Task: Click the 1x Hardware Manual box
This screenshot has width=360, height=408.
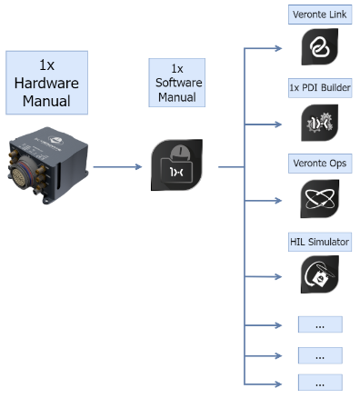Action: pyautogui.click(x=47, y=82)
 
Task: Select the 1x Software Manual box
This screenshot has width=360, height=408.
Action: pyautogui.click(x=176, y=83)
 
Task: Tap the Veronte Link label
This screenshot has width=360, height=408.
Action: pyautogui.click(x=320, y=15)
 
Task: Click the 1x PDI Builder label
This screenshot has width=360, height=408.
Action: pyautogui.click(x=320, y=88)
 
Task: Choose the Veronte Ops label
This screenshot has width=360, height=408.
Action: pyautogui.click(x=320, y=163)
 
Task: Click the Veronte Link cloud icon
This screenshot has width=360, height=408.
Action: pyautogui.click(x=320, y=47)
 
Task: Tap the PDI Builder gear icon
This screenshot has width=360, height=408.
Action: pyautogui.click(x=320, y=124)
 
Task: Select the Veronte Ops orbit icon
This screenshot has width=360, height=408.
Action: pyautogui.click(x=320, y=198)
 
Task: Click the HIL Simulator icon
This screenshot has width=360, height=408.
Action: pyautogui.click(x=320, y=274)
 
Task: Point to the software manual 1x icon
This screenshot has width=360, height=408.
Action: pyautogui.click(x=176, y=165)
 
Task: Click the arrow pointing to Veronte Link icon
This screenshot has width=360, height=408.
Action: pyautogui.click(x=268, y=47)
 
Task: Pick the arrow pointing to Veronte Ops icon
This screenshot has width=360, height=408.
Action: pyautogui.click(x=268, y=199)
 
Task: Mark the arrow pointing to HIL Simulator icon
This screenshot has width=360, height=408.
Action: pyautogui.click(x=268, y=274)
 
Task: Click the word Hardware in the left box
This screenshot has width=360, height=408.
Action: pyautogui.click(x=47, y=82)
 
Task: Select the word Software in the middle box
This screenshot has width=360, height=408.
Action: pyautogui.click(x=176, y=83)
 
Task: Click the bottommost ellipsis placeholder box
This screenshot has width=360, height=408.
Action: pyautogui.click(x=320, y=382)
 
